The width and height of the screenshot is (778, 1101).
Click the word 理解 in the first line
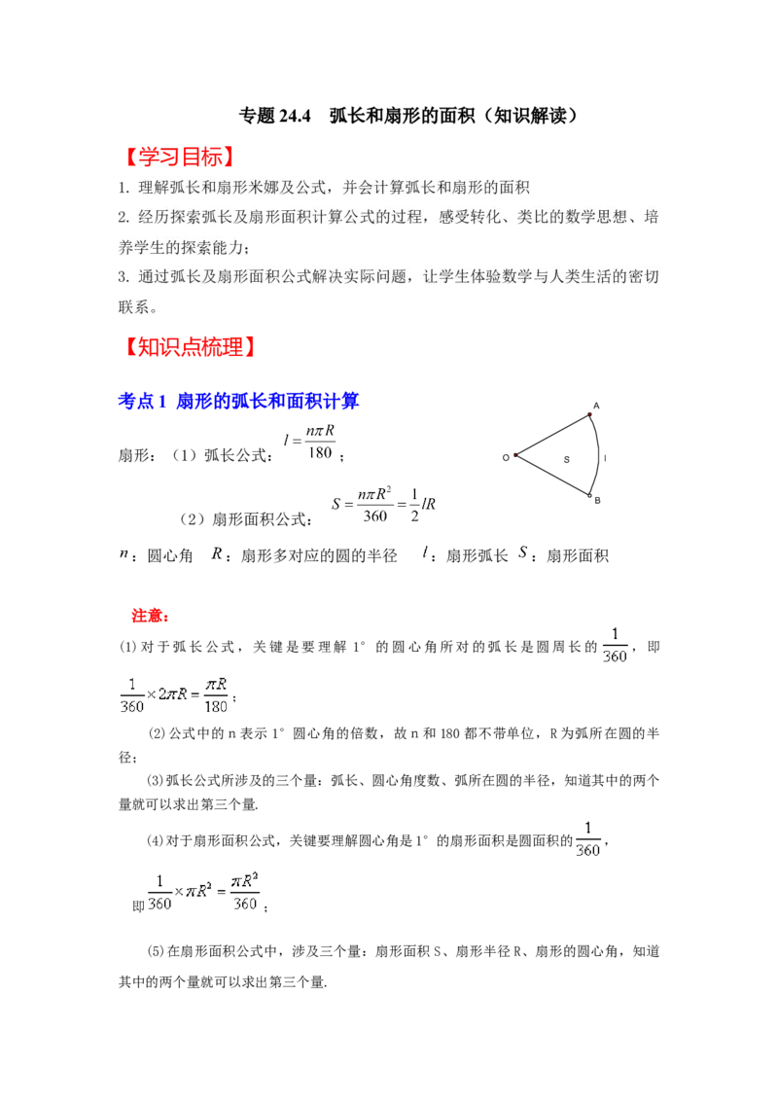[156, 188]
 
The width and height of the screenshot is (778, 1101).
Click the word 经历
[156, 217]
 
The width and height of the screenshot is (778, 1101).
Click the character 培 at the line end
[652, 217]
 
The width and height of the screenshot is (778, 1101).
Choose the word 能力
[223, 247]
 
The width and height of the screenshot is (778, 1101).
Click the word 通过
[156, 277]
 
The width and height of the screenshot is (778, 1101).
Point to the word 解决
[325, 277]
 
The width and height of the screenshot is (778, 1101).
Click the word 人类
[566, 277]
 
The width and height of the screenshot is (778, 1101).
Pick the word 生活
[600, 277]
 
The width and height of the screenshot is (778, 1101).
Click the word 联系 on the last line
[134, 307]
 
